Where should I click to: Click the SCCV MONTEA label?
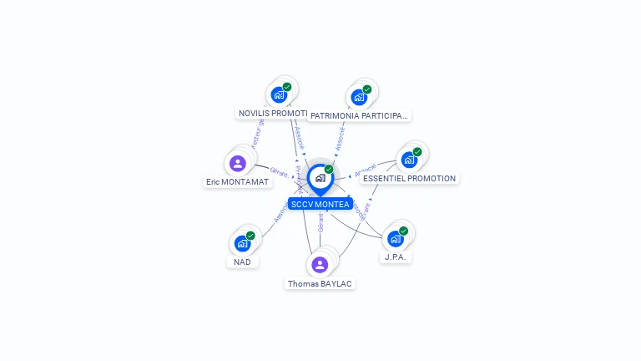(x=320, y=205)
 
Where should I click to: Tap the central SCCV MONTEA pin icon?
(x=320, y=178)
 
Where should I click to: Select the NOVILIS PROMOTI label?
(x=273, y=113)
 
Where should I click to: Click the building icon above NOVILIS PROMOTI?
(x=279, y=94)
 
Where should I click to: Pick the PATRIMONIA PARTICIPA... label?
(x=359, y=115)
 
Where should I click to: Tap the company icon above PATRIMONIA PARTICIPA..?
(x=359, y=97)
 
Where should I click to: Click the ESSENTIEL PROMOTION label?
(x=410, y=178)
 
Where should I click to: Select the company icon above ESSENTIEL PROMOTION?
(x=409, y=160)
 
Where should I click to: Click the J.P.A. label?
(x=396, y=257)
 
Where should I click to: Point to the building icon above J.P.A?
(x=396, y=239)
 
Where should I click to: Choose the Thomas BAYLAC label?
(x=320, y=283)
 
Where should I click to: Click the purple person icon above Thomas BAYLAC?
(x=320, y=265)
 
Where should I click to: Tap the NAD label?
(x=242, y=262)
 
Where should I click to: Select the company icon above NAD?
(x=242, y=243)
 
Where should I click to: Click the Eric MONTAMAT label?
(x=238, y=181)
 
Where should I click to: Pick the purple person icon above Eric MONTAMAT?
(x=238, y=163)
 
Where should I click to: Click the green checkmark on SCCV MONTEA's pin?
(x=329, y=169)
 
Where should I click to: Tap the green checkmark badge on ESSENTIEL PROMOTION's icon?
(x=417, y=151)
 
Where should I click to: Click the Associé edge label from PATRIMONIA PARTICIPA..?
(x=341, y=138)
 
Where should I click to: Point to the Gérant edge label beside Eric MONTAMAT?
(x=280, y=173)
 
